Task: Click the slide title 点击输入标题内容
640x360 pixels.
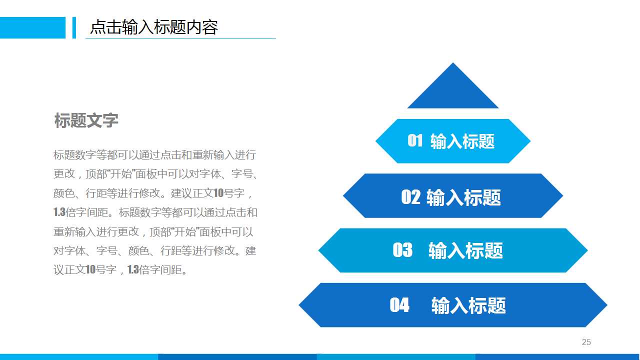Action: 153,27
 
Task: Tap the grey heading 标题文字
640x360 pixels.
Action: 86,120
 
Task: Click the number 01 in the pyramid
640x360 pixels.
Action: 415,141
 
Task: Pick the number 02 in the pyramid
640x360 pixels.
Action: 410,197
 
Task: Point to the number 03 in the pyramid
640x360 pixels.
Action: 402,250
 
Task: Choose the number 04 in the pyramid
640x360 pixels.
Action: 399,305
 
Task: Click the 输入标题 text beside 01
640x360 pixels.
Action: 462,141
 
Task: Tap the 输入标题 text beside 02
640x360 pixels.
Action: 463,197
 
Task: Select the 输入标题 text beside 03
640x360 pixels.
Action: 465,250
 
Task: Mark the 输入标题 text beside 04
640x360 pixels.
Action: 468,305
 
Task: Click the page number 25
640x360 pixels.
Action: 586,342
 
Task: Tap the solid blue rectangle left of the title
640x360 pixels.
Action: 32,27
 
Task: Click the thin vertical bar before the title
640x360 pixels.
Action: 74,27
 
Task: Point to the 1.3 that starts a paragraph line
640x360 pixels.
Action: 59,212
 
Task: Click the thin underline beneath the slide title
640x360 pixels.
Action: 180,38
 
